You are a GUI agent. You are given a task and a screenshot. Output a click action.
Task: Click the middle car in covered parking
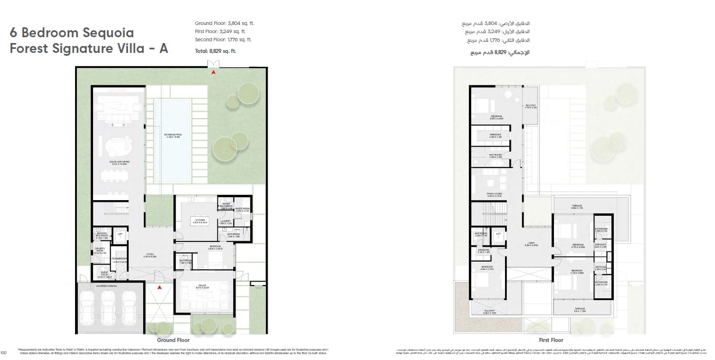[108, 306]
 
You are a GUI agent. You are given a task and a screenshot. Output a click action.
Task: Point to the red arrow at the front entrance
[158, 287]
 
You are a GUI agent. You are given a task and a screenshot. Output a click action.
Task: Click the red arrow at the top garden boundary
[214, 72]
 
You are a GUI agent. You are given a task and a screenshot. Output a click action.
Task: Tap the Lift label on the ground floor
[120, 235]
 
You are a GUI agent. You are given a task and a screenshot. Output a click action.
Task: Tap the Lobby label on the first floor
[531, 245]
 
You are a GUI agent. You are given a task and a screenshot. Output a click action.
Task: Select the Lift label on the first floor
[498, 234]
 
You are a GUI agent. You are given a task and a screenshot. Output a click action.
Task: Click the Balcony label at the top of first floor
[531, 106]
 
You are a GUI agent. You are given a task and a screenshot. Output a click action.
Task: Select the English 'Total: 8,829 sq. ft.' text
[215, 51]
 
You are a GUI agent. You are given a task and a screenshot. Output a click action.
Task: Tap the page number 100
[3, 352]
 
